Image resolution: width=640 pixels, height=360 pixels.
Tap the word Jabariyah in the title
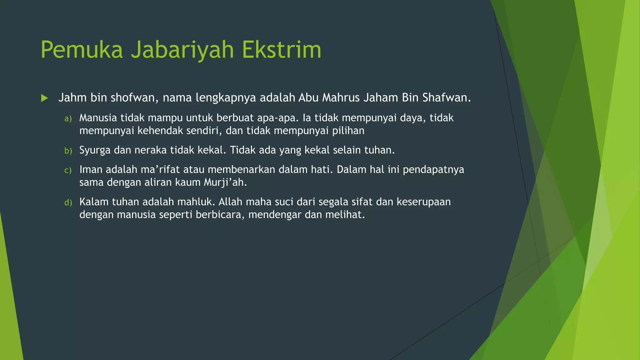point(182,50)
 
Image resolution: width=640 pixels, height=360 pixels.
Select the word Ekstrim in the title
point(281,50)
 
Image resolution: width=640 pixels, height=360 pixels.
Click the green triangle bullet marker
point(44,98)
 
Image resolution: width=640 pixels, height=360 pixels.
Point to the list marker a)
point(68,119)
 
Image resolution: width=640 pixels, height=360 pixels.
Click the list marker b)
point(68,151)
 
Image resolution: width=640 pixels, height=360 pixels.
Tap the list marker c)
point(68,170)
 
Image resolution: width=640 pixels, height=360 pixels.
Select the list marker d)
point(68,202)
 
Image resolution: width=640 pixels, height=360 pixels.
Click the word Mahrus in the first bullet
point(341,98)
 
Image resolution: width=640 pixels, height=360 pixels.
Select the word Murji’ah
point(225,182)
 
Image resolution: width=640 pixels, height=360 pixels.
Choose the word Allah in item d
point(230,202)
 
